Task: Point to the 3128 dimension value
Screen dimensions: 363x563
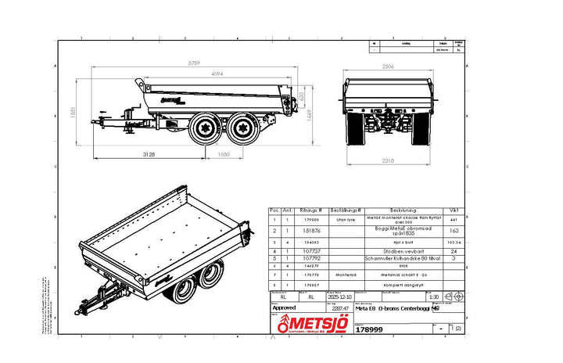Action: coord(149,155)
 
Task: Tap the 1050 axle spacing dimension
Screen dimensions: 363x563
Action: coord(223,155)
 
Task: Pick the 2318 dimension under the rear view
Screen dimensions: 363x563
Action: coord(382,161)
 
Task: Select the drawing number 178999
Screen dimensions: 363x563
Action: coord(368,330)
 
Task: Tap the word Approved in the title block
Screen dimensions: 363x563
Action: coord(283,308)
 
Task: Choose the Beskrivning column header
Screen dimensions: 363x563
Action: coord(403,210)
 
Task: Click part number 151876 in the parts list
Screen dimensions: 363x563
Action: coord(310,231)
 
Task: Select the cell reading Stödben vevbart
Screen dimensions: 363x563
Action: coord(403,251)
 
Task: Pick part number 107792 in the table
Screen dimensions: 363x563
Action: coord(310,258)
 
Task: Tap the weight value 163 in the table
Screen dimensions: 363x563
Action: coord(454,231)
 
